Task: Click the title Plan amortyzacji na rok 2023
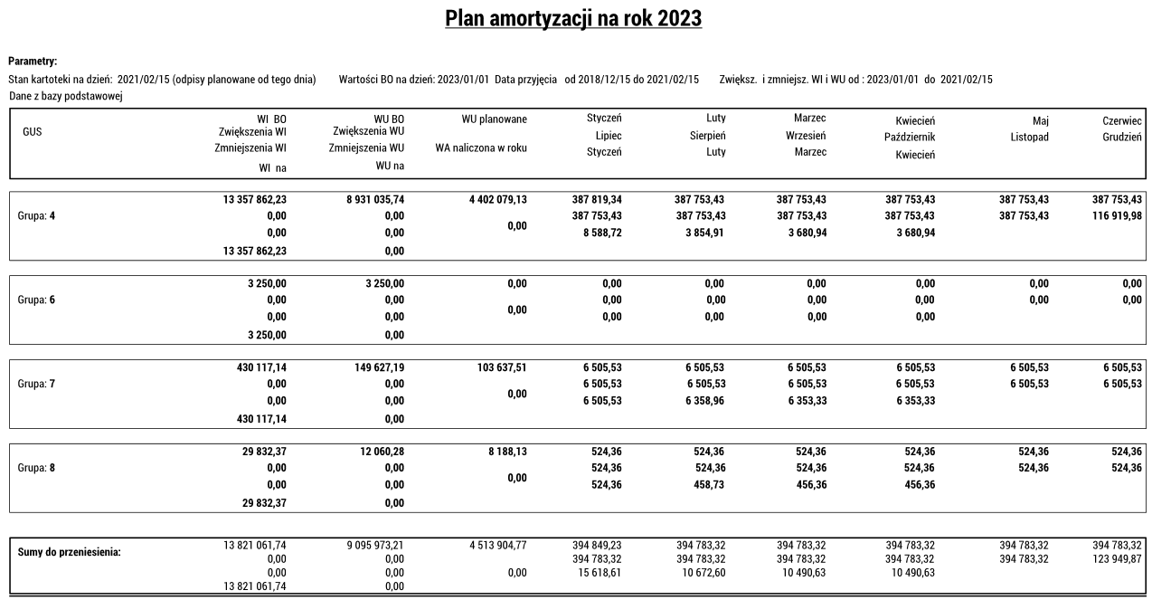click(x=574, y=18)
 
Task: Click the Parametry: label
click(x=33, y=62)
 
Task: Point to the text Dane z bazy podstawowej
click(x=65, y=95)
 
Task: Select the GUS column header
click(x=33, y=131)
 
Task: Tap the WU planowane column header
click(x=494, y=119)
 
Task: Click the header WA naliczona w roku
click(x=481, y=148)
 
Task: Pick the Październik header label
click(x=909, y=138)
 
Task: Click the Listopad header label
click(x=1029, y=137)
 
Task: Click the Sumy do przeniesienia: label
click(x=69, y=552)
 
